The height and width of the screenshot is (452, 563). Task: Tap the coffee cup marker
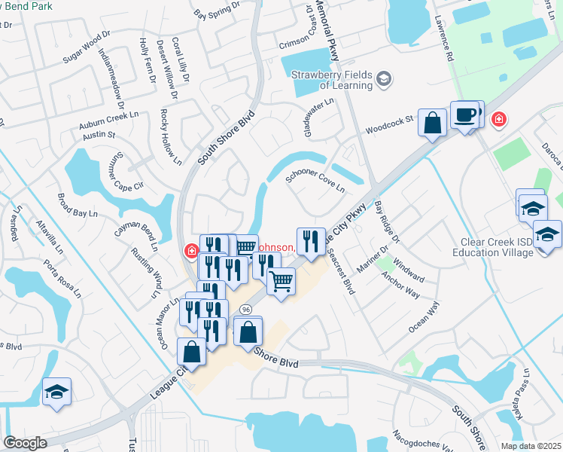464,116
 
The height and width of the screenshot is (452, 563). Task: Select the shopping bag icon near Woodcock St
433,124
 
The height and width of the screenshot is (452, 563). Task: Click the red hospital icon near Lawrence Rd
498,120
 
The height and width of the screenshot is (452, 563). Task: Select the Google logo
26,443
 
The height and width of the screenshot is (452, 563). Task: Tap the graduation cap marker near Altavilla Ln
56,392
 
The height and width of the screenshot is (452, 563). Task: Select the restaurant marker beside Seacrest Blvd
311,241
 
